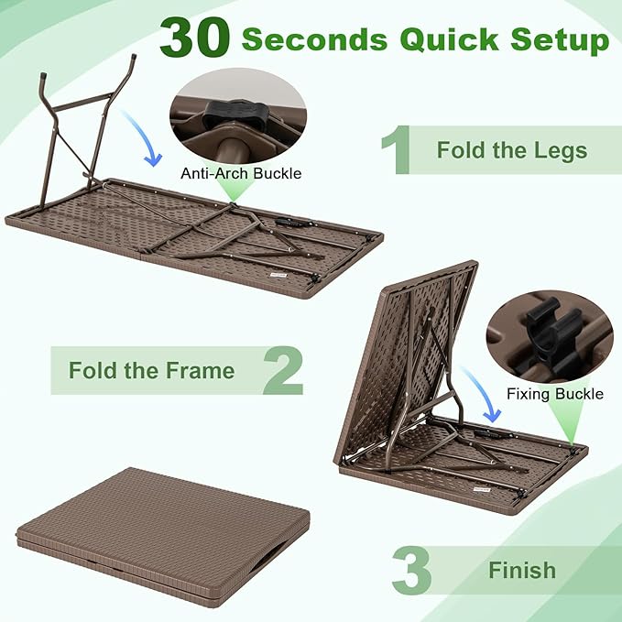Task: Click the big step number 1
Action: click(396, 150)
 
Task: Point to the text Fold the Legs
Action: click(511, 150)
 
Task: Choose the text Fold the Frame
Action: click(151, 371)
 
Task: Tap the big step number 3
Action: click(411, 570)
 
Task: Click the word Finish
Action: click(521, 571)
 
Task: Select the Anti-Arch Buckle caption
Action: click(241, 172)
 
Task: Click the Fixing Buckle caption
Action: click(555, 394)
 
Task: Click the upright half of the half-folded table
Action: click(403, 357)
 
